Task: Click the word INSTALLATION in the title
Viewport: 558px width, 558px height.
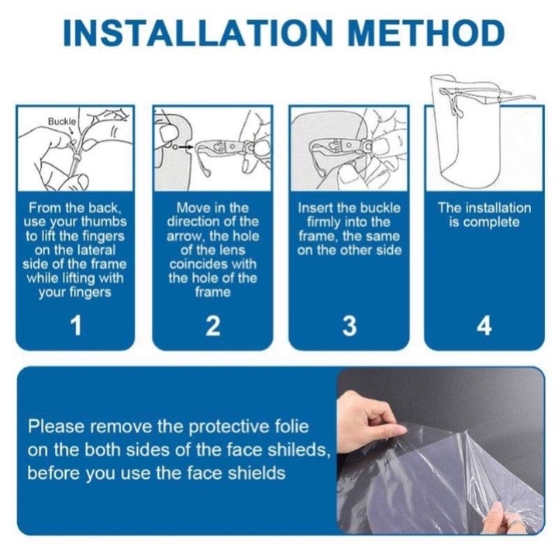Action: tap(198, 33)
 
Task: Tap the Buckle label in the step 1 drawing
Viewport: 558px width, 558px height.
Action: tap(62, 122)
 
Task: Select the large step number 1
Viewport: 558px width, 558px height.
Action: tap(76, 325)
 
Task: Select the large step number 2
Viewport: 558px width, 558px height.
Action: tap(213, 325)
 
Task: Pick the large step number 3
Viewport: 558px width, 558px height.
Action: tap(349, 325)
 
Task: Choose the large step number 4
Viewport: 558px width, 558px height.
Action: tap(484, 325)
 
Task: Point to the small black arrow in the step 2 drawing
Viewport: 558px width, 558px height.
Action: tap(184, 146)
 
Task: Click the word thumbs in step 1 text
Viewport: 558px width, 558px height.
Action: tap(104, 222)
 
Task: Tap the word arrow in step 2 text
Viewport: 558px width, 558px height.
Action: tap(183, 236)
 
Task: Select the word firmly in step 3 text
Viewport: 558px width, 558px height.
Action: tap(324, 222)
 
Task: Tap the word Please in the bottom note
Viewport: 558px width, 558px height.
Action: tap(56, 426)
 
